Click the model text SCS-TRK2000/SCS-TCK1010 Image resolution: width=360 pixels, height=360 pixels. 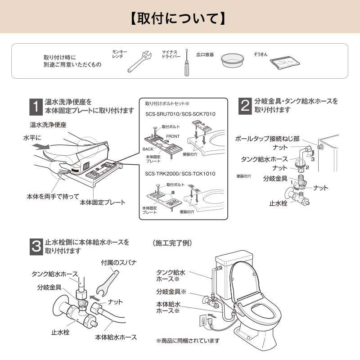tap(180, 173)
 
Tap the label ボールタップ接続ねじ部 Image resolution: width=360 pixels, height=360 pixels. tap(267, 139)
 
